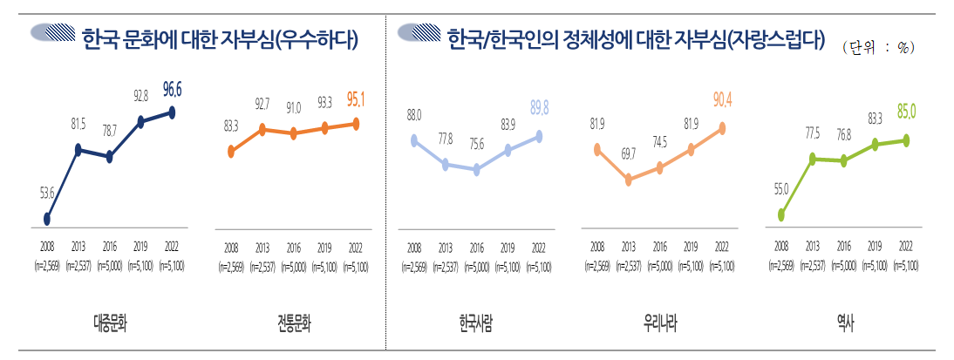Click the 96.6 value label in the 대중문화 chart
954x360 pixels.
click(172, 89)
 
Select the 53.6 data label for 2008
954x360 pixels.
click(47, 193)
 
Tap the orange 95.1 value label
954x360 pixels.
click(355, 100)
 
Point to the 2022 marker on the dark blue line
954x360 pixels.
click(172, 112)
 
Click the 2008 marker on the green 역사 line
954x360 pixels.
click(781, 214)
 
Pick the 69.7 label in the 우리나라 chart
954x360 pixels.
click(628, 153)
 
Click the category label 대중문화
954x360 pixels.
click(110, 323)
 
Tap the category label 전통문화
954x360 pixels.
click(293, 323)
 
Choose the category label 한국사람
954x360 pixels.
click(476, 323)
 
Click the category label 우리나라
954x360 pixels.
click(659, 323)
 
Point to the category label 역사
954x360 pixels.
click(844, 323)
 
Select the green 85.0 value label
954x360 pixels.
click(907, 111)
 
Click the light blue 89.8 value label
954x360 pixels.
click(539, 107)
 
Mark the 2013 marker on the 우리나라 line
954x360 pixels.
click(628, 180)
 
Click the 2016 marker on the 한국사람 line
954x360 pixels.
click(476, 170)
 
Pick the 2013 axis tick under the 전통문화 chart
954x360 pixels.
click(262, 248)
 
